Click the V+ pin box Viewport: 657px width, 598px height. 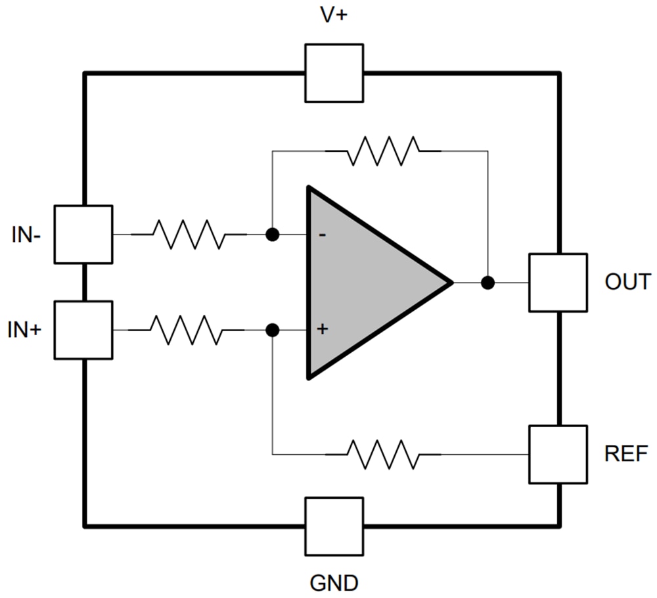click(334, 73)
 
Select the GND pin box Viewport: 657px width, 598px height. click(334, 526)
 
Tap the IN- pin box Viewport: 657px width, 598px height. click(83, 235)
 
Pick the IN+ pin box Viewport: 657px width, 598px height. click(83, 330)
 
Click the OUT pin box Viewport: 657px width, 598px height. click(558, 283)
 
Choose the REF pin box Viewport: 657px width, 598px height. click(558, 454)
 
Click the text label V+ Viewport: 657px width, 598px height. click(334, 16)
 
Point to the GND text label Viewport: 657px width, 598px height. click(334, 582)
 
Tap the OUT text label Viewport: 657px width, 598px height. click(627, 282)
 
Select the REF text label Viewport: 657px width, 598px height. click(626, 453)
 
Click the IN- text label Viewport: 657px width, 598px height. click(26, 235)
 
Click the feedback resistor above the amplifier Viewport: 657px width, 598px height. click(383, 151)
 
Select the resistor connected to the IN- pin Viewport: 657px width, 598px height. click(189, 235)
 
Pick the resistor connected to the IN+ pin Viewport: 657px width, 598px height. click(187, 330)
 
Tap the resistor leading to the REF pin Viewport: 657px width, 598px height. click(383, 454)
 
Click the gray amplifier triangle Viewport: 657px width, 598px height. click(368, 283)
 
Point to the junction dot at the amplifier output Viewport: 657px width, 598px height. click(487, 283)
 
